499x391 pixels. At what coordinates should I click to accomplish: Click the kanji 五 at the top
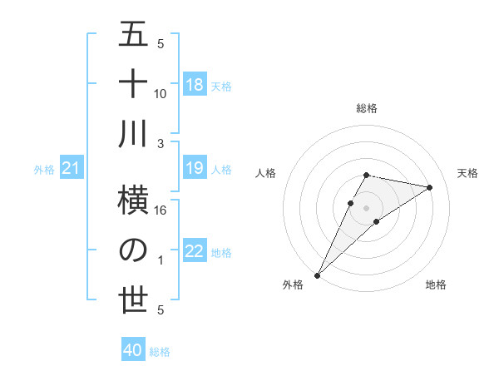click(133, 35)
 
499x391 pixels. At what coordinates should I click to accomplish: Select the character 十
click(133, 84)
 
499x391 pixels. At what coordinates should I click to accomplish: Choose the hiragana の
click(133, 250)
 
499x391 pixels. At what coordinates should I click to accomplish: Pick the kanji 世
click(133, 300)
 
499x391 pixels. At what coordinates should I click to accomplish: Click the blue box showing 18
click(194, 85)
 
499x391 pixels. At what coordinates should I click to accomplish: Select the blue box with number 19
click(194, 169)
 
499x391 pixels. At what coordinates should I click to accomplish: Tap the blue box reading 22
click(194, 252)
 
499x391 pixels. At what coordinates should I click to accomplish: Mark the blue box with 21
click(72, 169)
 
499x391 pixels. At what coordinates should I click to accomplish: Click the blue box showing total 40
click(133, 350)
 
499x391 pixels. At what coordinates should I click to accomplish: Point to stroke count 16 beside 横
click(161, 210)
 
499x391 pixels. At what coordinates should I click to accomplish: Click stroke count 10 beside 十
click(161, 93)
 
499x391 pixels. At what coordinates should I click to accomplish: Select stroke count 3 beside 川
click(161, 144)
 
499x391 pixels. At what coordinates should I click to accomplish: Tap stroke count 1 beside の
click(161, 260)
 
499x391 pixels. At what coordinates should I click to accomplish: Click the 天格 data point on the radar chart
click(430, 187)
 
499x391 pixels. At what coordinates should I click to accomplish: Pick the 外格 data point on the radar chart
click(317, 275)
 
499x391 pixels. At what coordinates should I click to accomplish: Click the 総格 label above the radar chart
click(366, 108)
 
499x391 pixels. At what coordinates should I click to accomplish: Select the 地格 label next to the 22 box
click(221, 253)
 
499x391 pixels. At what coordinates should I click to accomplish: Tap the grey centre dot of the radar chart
click(366, 207)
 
